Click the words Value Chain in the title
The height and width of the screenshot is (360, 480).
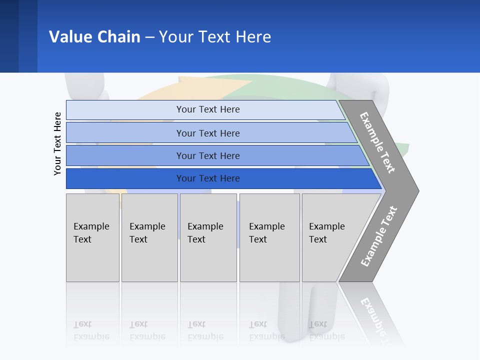94,36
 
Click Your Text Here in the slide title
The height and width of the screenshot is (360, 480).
215,36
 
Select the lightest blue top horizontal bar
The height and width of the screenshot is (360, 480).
207,109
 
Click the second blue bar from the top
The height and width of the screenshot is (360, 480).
207,133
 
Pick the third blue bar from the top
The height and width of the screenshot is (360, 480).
207,155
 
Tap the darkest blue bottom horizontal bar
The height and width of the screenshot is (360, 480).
207,178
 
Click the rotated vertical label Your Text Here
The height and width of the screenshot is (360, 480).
57,143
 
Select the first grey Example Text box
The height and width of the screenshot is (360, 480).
92,237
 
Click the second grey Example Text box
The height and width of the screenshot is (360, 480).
149,237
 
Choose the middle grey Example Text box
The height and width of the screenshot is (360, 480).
208,237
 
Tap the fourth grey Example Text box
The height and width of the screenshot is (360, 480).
269,237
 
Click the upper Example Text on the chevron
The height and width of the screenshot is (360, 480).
377,142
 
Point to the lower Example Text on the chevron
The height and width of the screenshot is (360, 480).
378,236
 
